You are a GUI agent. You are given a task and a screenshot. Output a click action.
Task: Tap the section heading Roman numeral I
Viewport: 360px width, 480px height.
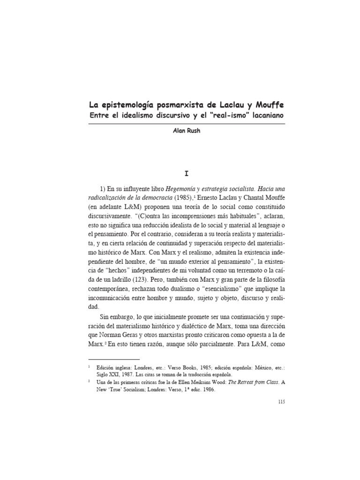click(x=187, y=173)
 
